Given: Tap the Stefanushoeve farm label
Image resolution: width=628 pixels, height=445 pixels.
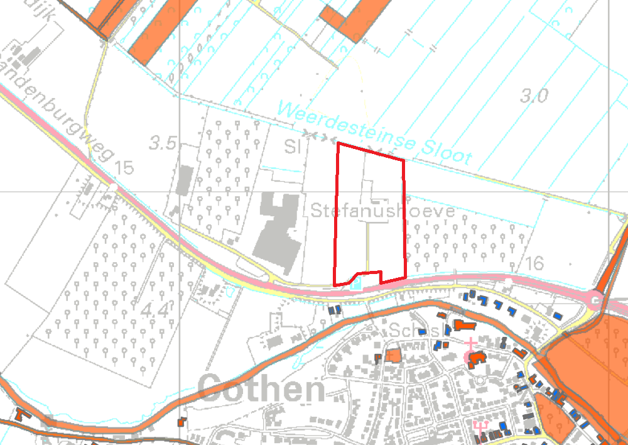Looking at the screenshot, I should click(x=382, y=211).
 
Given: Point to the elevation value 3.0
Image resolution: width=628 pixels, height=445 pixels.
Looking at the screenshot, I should click(x=534, y=96).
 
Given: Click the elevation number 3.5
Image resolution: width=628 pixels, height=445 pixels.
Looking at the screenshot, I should click(x=163, y=144).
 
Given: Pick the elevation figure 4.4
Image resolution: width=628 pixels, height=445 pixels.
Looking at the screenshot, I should click(x=155, y=310).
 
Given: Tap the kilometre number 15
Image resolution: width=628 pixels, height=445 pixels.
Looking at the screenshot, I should click(x=125, y=168).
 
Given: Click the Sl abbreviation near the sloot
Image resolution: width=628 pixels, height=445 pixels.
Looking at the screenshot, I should click(x=293, y=147).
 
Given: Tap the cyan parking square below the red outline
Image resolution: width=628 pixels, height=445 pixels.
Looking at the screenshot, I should click(x=357, y=285).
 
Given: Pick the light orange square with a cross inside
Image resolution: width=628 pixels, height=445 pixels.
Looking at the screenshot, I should click(x=393, y=356).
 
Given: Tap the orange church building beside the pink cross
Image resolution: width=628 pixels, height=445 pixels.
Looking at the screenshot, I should click(x=477, y=359).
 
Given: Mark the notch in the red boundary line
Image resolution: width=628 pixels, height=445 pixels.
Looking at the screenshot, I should click(x=369, y=275).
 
